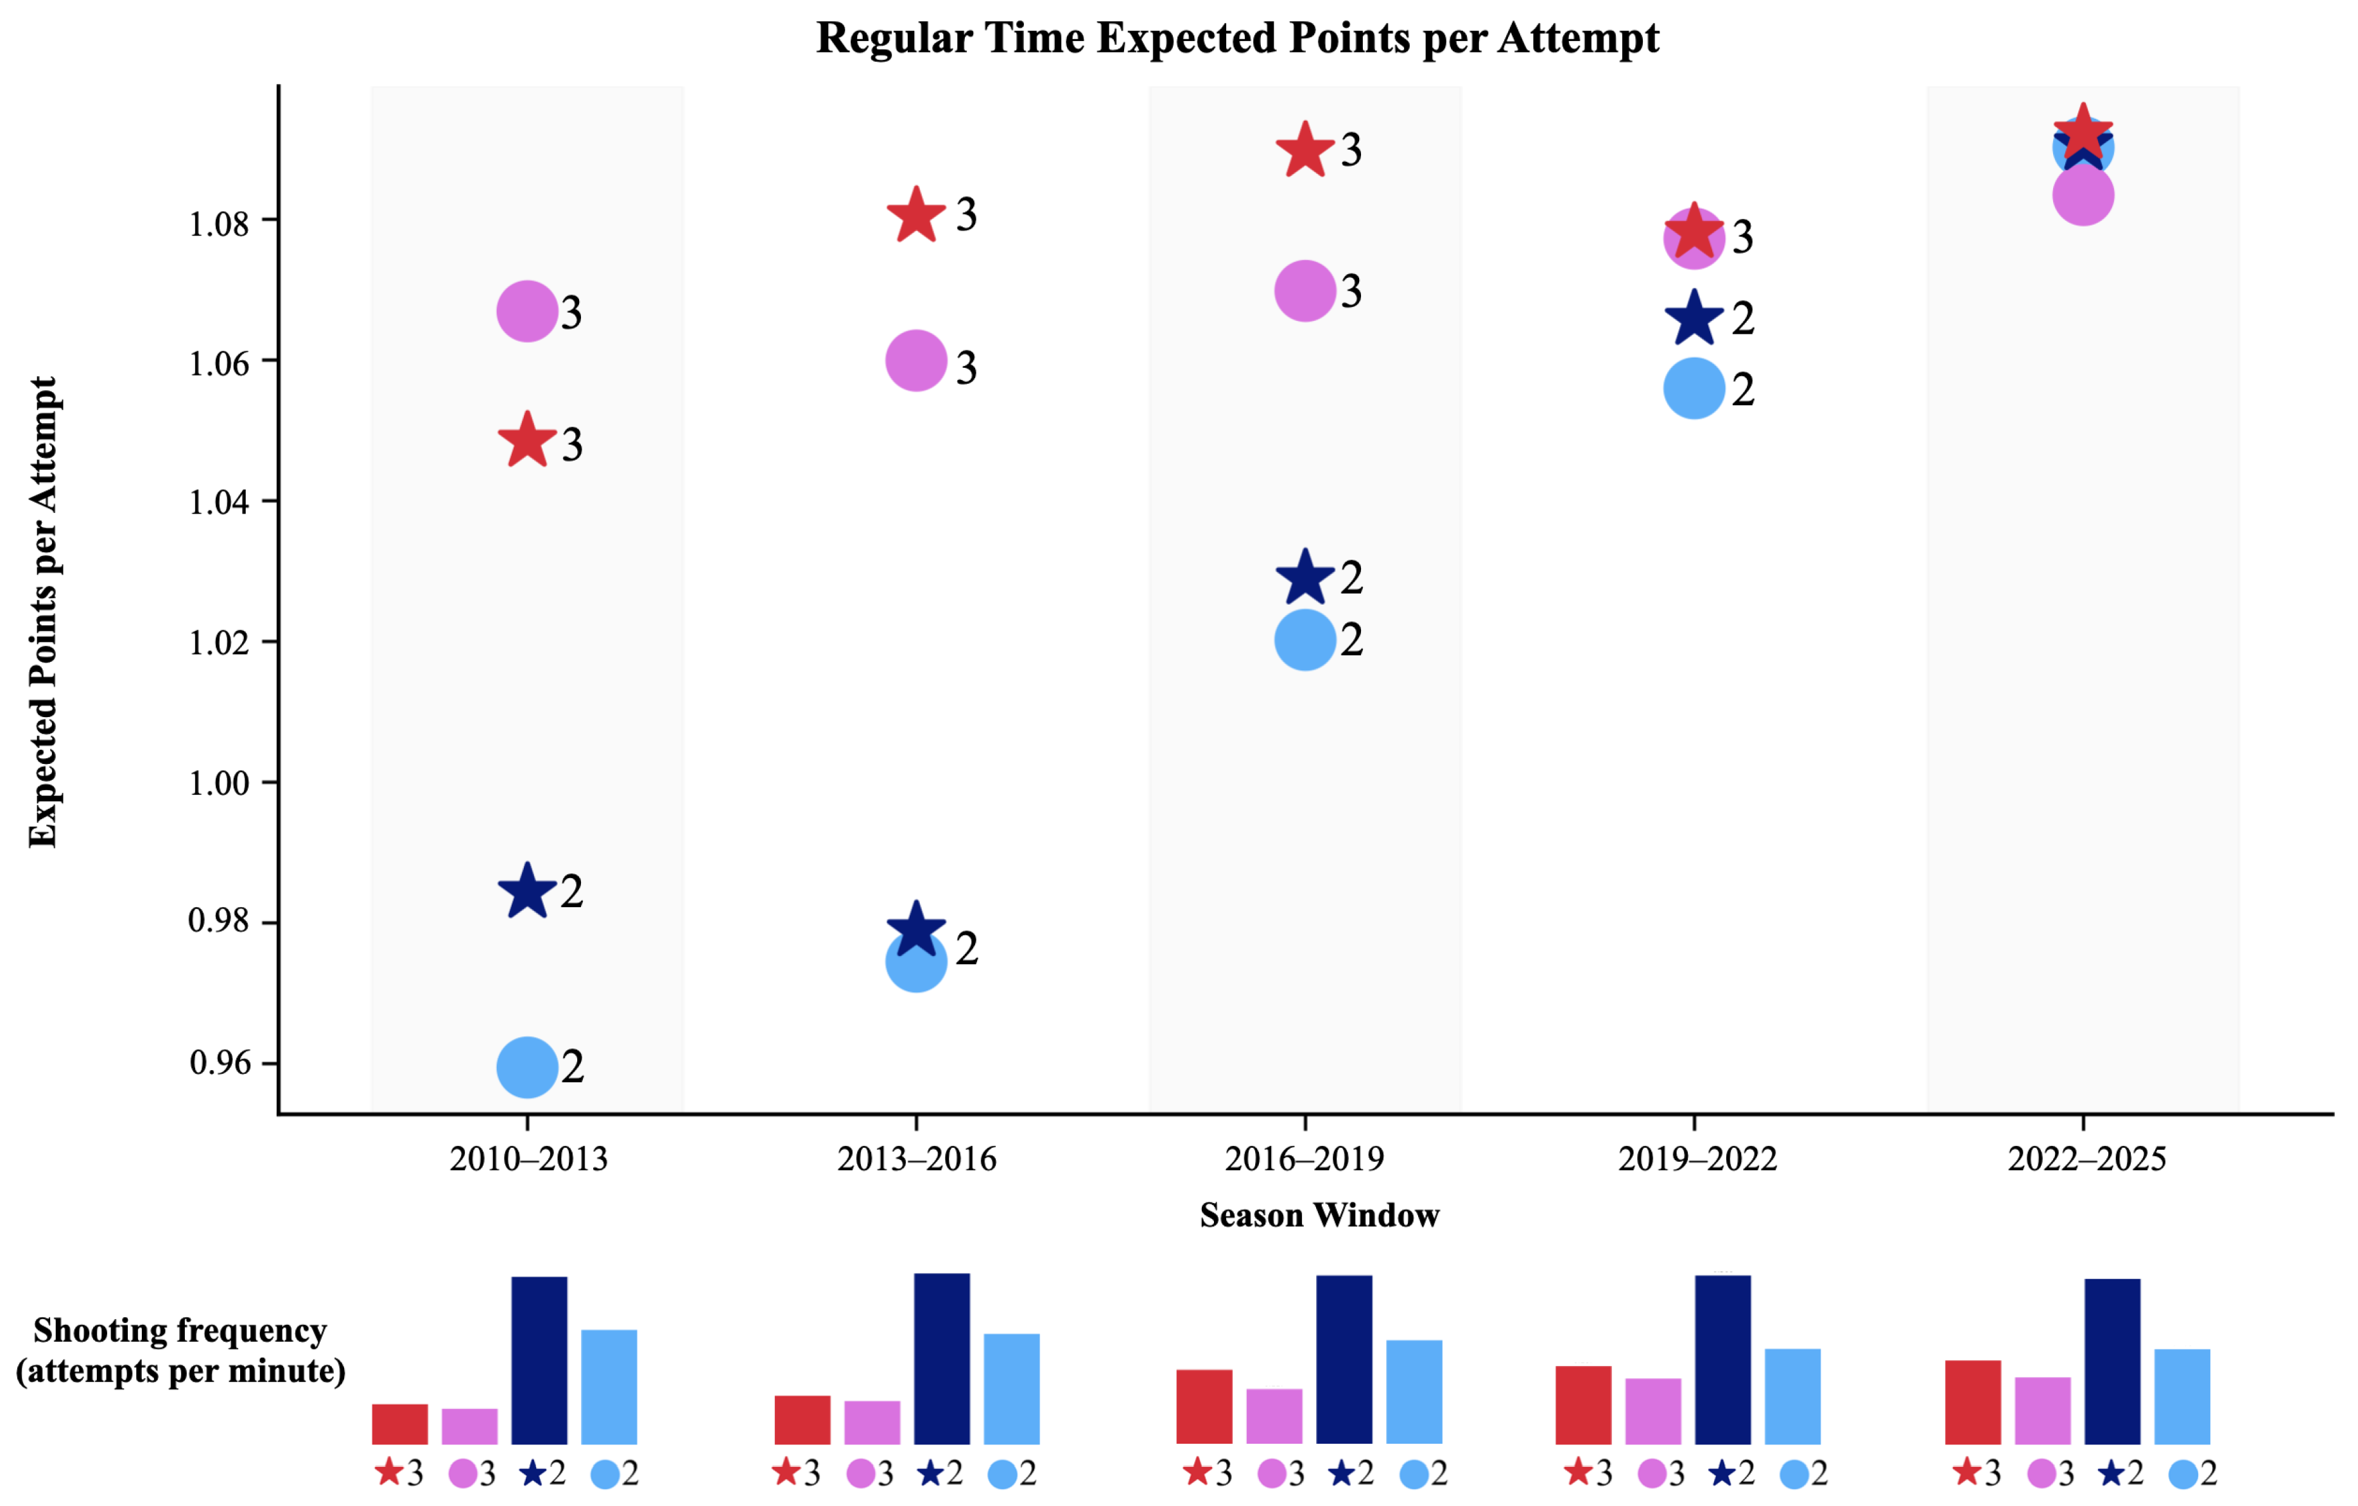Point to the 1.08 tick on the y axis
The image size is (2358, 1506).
[220, 223]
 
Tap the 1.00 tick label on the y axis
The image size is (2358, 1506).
[220, 783]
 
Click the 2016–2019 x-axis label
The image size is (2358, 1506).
[1305, 1159]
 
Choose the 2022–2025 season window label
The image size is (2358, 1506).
[2086, 1159]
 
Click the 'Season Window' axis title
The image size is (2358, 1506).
[1319, 1215]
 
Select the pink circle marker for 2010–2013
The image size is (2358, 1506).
[527, 311]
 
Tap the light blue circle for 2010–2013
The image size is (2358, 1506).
[527, 1068]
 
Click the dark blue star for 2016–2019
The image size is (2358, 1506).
[1305, 578]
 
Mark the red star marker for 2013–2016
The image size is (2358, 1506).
[915, 216]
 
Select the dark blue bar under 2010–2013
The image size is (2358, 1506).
[539, 1360]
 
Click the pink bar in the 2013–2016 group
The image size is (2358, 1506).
[872, 1422]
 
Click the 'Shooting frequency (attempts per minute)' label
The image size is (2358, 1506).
[180, 1350]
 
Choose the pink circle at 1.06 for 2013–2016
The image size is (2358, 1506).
[915, 360]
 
